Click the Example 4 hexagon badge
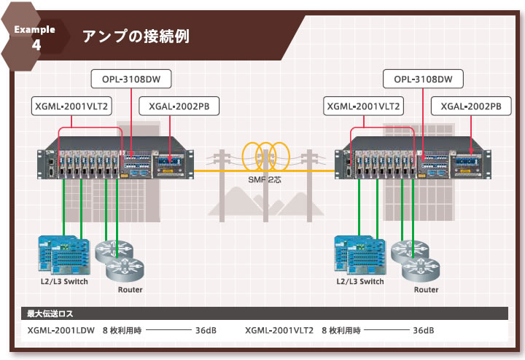[36, 37]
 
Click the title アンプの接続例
[136, 36]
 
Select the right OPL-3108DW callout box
[423, 78]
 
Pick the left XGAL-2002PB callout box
[179, 106]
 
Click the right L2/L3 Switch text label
[359, 281]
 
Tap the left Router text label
[130, 289]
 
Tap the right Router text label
[427, 289]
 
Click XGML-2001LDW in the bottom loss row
[61, 330]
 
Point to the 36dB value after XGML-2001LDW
[206, 330]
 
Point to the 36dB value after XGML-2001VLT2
[424, 330]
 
